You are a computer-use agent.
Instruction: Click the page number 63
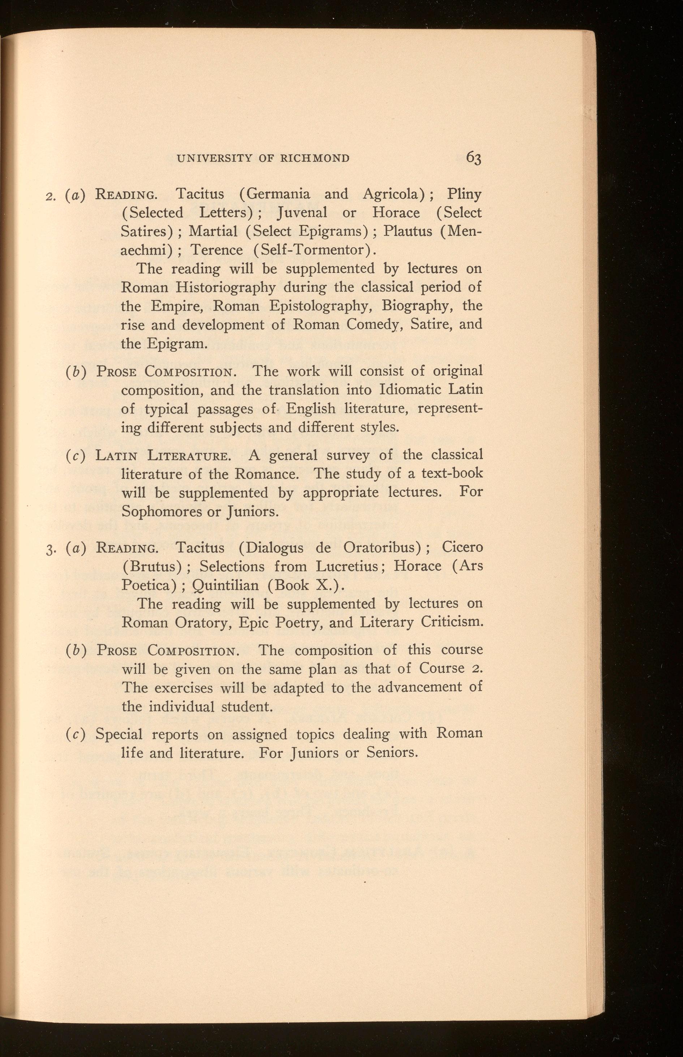click(x=473, y=158)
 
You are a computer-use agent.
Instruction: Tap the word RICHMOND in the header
click(x=315, y=158)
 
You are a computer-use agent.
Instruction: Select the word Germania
click(x=278, y=194)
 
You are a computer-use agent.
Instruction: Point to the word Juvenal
click(x=302, y=213)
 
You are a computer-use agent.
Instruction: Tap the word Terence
click(x=216, y=250)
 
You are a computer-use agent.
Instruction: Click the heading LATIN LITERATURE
click(x=162, y=456)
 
